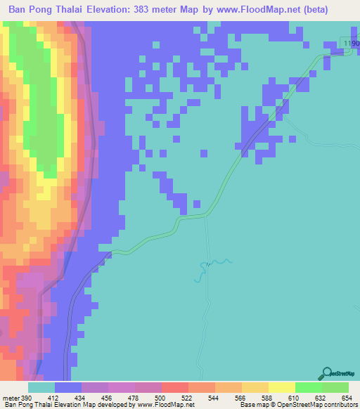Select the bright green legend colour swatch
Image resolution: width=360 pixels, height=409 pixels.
pos(308,387)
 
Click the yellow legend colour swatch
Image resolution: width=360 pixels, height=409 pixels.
pos(281,387)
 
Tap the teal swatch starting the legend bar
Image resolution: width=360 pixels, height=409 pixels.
pos(41,387)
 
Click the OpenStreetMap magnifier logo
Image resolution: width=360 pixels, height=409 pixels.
pos(326,373)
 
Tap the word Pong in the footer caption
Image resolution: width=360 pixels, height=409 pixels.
pos(27,405)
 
